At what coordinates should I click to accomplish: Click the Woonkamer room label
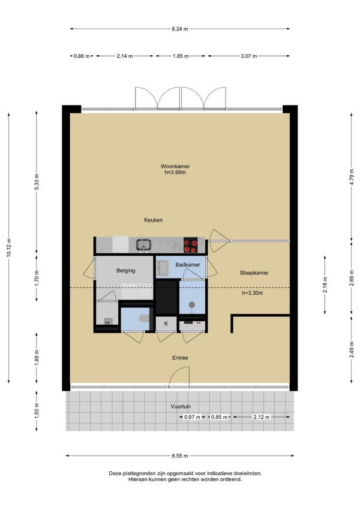click(175, 166)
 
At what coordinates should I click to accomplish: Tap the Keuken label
click(153, 220)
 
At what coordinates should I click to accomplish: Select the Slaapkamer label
click(254, 273)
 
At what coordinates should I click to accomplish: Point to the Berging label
click(125, 270)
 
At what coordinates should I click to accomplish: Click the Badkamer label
click(188, 265)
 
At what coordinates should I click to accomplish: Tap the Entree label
click(180, 358)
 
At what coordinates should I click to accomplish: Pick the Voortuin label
click(181, 406)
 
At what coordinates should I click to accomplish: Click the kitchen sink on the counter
click(143, 245)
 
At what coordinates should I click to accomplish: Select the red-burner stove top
click(191, 245)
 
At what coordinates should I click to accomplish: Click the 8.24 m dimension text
click(180, 29)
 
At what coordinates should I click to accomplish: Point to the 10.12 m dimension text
click(9, 248)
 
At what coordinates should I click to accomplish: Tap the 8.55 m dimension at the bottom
click(180, 456)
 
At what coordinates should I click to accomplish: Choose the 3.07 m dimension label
click(249, 56)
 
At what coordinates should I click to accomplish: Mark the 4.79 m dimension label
click(351, 177)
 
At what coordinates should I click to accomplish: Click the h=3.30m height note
click(252, 293)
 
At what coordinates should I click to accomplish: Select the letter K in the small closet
click(166, 324)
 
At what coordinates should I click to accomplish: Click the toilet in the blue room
click(144, 318)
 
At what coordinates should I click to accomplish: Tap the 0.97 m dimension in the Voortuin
click(192, 417)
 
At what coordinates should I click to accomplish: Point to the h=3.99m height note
click(175, 172)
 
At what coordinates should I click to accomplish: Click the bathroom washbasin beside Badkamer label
click(162, 268)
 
